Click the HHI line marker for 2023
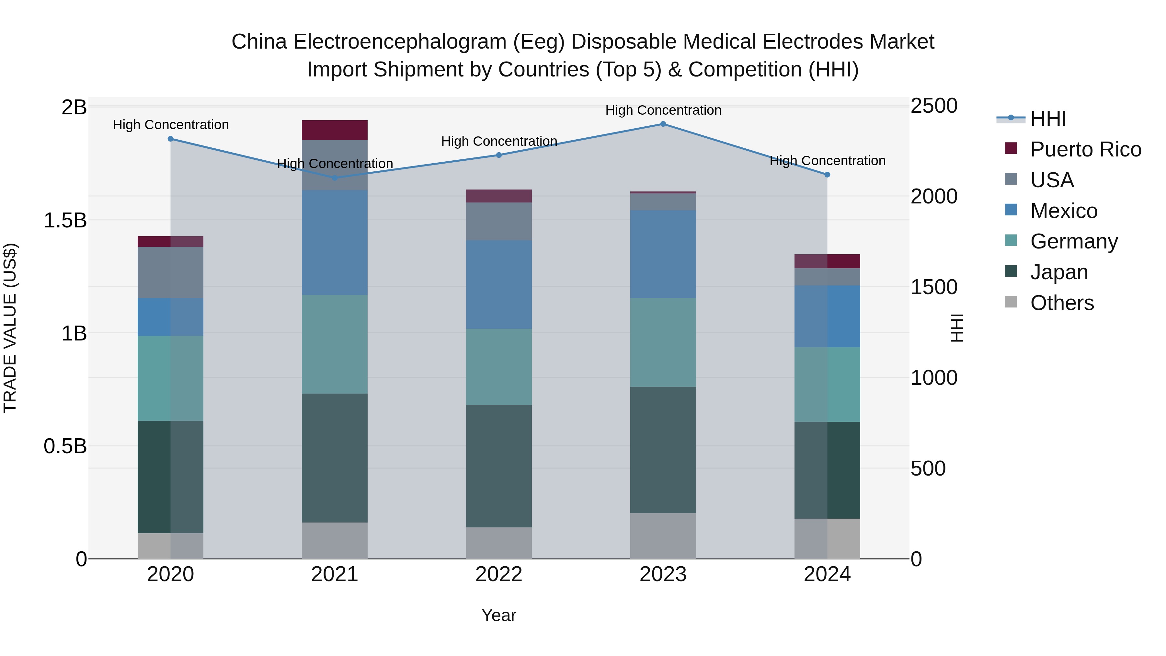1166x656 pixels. [x=663, y=124]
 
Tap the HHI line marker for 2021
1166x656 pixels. [x=335, y=178]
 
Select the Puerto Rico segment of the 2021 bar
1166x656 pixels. [x=335, y=130]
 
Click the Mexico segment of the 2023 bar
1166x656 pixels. [x=663, y=254]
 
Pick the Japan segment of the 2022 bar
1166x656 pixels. [x=499, y=466]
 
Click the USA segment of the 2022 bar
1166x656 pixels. [x=499, y=221]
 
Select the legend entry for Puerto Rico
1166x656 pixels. [x=1085, y=149]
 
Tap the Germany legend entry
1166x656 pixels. [x=1074, y=241]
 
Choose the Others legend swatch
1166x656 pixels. [x=1011, y=302]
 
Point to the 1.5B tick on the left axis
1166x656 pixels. [x=65, y=221]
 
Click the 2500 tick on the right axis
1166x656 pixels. [x=934, y=106]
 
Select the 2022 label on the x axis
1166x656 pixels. [x=499, y=574]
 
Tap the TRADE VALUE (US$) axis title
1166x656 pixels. [x=10, y=328]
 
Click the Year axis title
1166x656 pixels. [x=499, y=615]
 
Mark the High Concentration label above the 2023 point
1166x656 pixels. [x=663, y=110]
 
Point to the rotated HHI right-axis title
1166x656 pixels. [x=956, y=328]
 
